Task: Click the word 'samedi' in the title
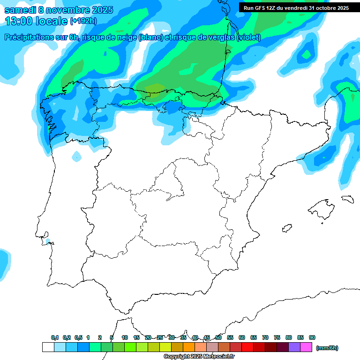click(x=22, y=10)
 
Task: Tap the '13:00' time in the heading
click(x=19, y=21)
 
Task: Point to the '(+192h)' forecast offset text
click(x=83, y=21)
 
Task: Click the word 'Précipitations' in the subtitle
click(x=29, y=37)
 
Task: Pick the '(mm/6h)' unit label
click(x=327, y=348)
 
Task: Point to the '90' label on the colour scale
click(x=312, y=337)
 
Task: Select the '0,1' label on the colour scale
click(x=55, y=337)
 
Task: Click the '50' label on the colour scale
click(x=218, y=337)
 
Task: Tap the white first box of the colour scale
click(x=48, y=347)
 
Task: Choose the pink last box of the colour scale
click(x=306, y=347)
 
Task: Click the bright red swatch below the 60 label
click(x=247, y=347)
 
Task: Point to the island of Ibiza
click(x=286, y=228)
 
